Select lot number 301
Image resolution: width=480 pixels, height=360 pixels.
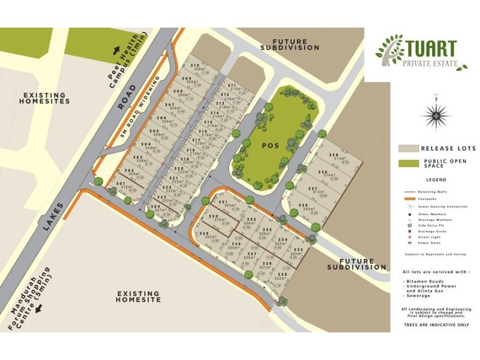[121, 183]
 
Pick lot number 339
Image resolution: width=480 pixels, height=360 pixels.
[332, 155]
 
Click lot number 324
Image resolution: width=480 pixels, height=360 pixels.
[155, 206]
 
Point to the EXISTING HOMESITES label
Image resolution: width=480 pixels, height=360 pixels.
[46, 98]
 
